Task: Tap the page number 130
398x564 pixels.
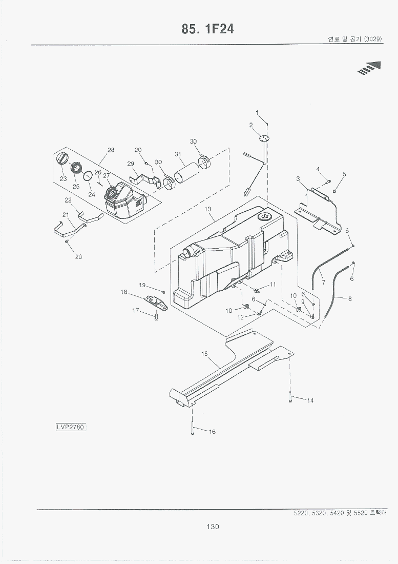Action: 213,527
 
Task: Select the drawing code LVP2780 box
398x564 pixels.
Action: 71,426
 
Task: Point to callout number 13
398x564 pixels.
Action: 208,209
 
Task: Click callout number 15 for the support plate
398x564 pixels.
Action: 204,354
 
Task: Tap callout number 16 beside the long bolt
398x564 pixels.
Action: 212,432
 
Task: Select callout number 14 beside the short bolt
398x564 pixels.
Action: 310,401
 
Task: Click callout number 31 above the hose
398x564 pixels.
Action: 178,154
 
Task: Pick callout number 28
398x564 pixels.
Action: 111,150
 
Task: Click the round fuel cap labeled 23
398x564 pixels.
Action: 61,158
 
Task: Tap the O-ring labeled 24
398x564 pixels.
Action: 88,176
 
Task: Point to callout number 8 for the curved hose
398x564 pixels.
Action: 350,299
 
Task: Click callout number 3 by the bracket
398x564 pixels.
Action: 298,178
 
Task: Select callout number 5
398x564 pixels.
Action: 344,174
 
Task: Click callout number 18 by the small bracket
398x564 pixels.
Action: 124,292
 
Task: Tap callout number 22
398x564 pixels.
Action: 68,200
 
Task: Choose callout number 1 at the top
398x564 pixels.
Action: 257,112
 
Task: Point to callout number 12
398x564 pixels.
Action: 240,317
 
